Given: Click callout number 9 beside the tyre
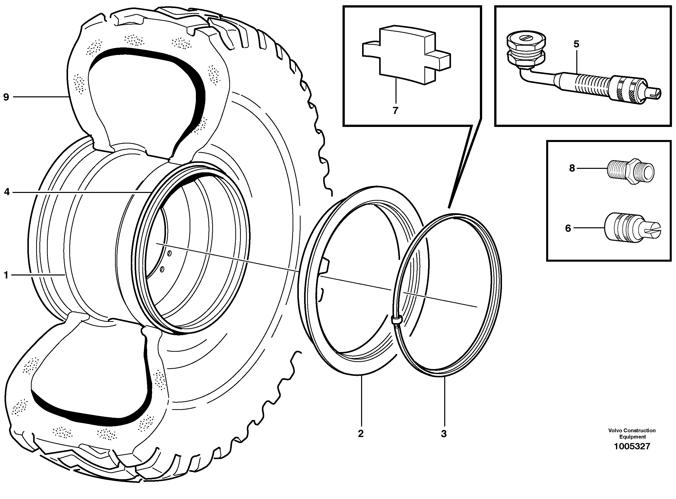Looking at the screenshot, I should click(x=6, y=97).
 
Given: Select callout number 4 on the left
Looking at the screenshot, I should click(x=7, y=192).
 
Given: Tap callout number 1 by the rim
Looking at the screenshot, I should click(x=6, y=275).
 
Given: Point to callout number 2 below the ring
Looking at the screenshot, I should click(x=361, y=434).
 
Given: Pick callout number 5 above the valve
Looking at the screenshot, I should click(x=576, y=44).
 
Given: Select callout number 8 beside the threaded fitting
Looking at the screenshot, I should click(x=572, y=168).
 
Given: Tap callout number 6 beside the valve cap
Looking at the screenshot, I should click(x=568, y=228).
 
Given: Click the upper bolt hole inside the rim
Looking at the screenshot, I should click(x=169, y=254).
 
